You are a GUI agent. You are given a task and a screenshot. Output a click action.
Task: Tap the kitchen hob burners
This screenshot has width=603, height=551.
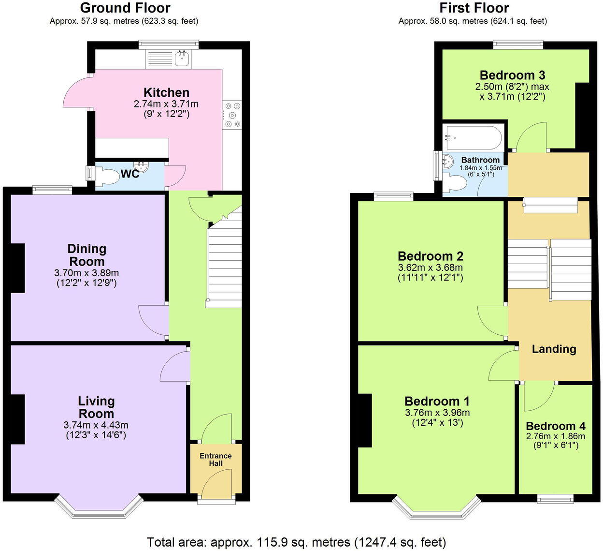click(x=232, y=115)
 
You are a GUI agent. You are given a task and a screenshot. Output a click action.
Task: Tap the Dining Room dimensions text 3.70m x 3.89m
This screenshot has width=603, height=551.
click(x=86, y=273)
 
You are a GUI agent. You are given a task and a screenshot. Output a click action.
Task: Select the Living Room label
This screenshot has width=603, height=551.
click(x=97, y=407)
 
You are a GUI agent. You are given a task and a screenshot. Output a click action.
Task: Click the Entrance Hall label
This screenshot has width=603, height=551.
click(x=215, y=460)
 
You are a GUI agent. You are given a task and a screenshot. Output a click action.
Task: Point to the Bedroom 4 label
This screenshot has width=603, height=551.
click(x=555, y=426)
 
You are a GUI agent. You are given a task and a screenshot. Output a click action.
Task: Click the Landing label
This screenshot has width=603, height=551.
click(x=554, y=349)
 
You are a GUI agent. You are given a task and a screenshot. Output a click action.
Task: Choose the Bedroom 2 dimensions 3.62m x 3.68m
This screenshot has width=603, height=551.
click(x=430, y=268)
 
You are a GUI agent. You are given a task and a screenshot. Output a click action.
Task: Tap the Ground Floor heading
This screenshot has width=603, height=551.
click(x=125, y=8)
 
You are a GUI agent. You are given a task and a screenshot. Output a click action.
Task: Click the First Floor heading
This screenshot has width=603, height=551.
click(x=474, y=8)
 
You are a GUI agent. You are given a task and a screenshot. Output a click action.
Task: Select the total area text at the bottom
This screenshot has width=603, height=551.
click(x=296, y=542)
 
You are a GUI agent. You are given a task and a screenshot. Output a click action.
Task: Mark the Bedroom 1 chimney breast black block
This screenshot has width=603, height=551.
click(x=365, y=420)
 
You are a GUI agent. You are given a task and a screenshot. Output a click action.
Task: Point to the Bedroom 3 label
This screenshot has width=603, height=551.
click(x=512, y=75)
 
